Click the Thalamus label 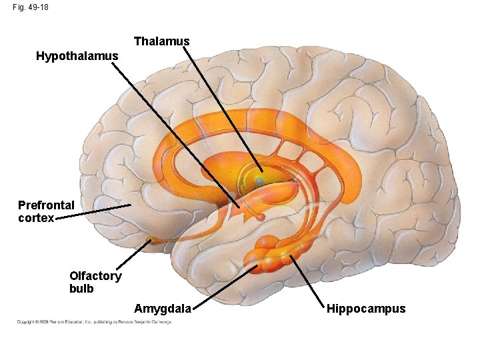(x=161, y=41)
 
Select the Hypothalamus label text (x=77, y=56)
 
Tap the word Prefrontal (x=46, y=205)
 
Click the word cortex (x=36, y=217)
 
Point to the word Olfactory (x=95, y=276)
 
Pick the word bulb (x=81, y=289)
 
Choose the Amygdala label (x=163, y=308)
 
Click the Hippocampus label (x=365, y=308)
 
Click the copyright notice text (x=94, y=322)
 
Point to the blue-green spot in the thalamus (x=259, y=181)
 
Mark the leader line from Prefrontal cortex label (x=93, y=211)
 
